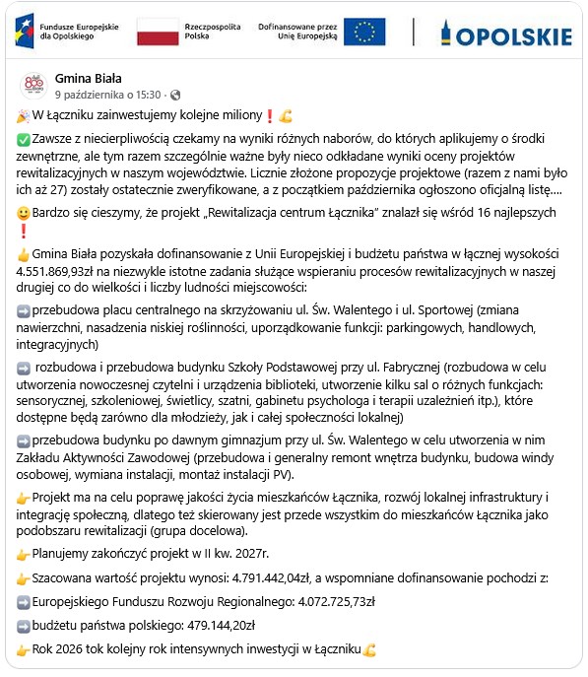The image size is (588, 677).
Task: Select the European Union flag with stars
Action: click(x=364, y=33)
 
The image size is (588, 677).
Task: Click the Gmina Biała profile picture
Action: click(x=33, y=86)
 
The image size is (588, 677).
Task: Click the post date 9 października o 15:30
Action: click(x=107, y=95)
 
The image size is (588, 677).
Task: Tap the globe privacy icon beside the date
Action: click(x=175, y=95)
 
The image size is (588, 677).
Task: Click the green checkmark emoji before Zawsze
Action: click(x=25, y=141)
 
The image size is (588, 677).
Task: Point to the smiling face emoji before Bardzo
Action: click(x=25, y=213)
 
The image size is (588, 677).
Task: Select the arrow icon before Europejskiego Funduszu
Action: click(x=25, y=600)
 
